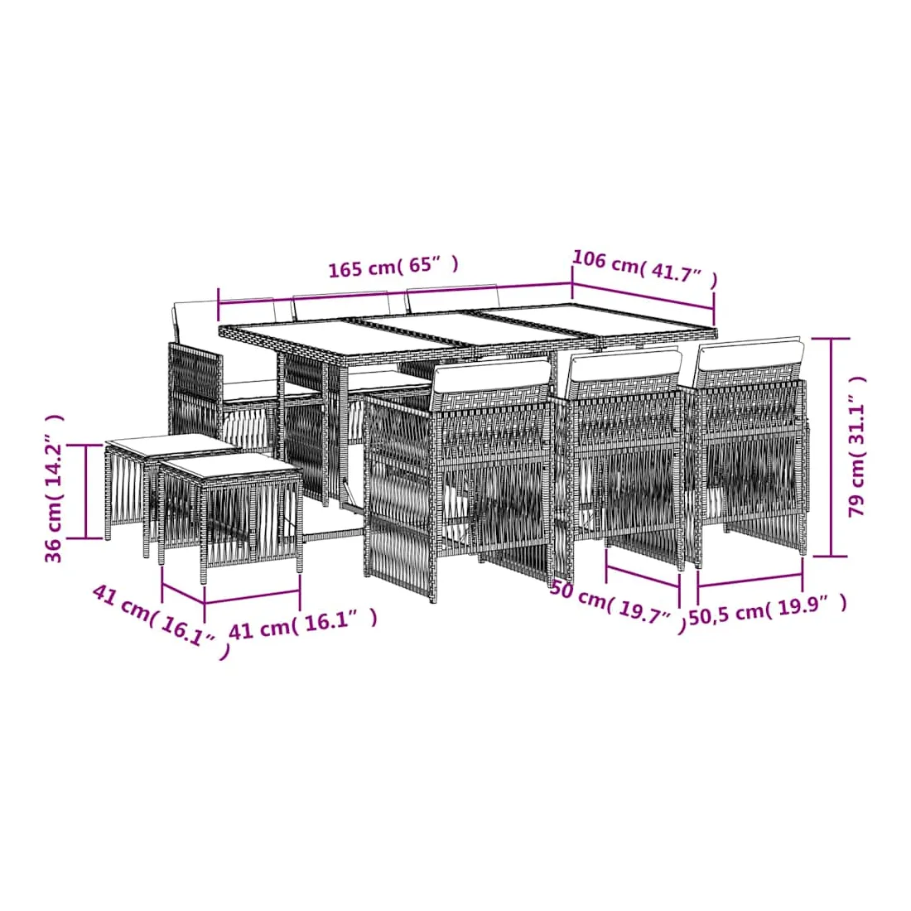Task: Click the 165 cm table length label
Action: click(x=393, y=267)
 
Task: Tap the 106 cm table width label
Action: click(x=645, y=268)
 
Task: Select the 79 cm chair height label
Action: click(x=857, y=446)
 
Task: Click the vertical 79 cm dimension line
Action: click(x=831, y=447)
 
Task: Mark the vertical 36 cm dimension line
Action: click(x=86, y=491)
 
